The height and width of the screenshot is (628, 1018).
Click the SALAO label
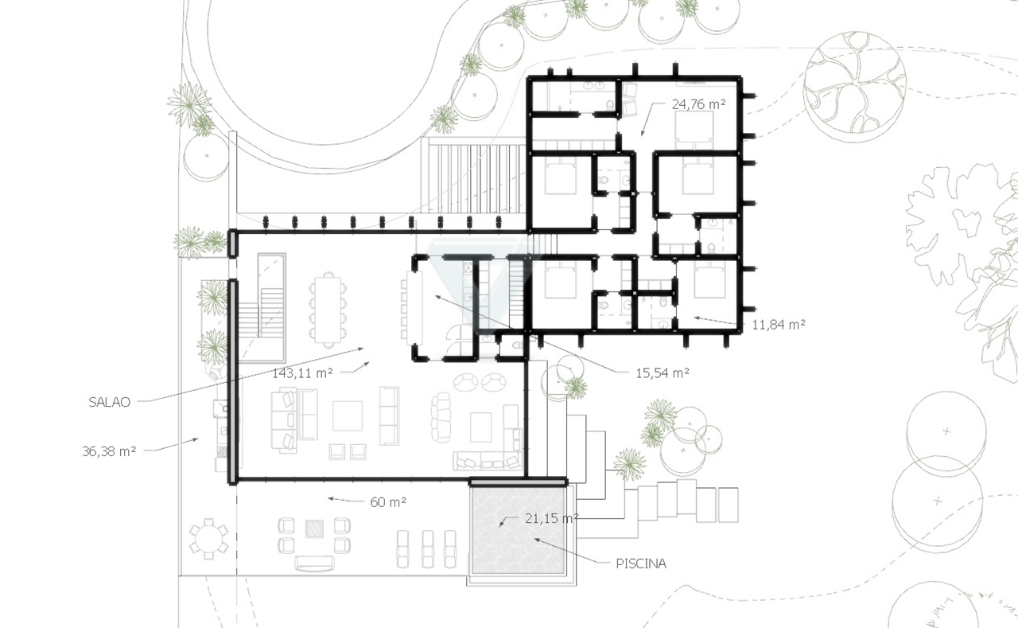[109, 402]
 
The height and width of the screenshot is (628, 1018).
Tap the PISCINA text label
[641, 564]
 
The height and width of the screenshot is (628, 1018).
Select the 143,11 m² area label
[302, 373]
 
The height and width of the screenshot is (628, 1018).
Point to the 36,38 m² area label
[109, 451]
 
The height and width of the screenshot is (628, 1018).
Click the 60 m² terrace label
[388, 502]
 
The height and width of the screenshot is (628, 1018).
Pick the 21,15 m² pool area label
[551, 518]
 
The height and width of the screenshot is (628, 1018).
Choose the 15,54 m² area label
[662, 373]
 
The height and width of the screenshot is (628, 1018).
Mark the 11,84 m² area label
[779, 325]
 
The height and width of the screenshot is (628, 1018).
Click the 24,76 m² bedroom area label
[698, 104]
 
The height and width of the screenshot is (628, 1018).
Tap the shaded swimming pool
[519, 530]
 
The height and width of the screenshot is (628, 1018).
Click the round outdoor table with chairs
[208, 539]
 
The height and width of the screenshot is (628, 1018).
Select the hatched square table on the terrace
[314, 529]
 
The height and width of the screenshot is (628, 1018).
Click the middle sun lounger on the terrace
[428, 549]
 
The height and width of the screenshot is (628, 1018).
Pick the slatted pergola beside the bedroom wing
[473, 176]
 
